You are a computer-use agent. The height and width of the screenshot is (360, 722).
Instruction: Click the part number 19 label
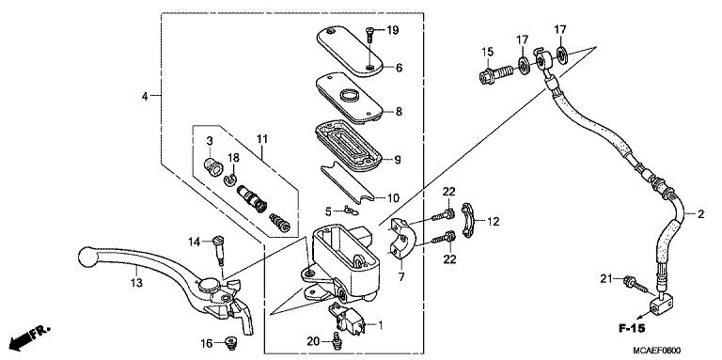click(393, 31)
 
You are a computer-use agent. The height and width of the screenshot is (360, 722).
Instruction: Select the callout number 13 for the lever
click(136, 282)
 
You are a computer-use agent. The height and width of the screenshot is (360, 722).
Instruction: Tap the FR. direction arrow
click(28, 336)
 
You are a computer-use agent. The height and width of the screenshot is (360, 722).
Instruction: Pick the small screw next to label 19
click(372, 34)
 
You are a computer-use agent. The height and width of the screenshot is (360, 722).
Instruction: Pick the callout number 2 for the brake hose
click(699, 215)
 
